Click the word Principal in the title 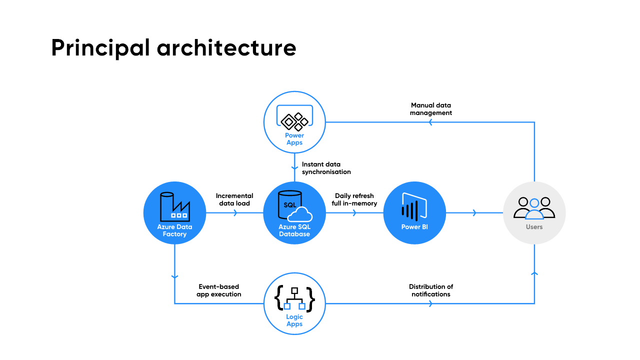[x=100, y=48]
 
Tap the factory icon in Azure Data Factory [x=174, y=206]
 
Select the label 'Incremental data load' [x=234, y=199]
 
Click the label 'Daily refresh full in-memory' [x=354, y=199]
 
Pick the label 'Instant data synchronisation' [x=326, y=168]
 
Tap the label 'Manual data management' [x=430, y=109]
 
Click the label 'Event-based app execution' [x=219, y=290]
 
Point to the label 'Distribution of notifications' [x=430, y=290]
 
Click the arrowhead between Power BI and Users [x=474, y=213]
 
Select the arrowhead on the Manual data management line [x=431, y=122]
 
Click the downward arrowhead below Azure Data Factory [x=174, y=276]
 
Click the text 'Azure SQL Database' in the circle [x=294, y=230]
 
